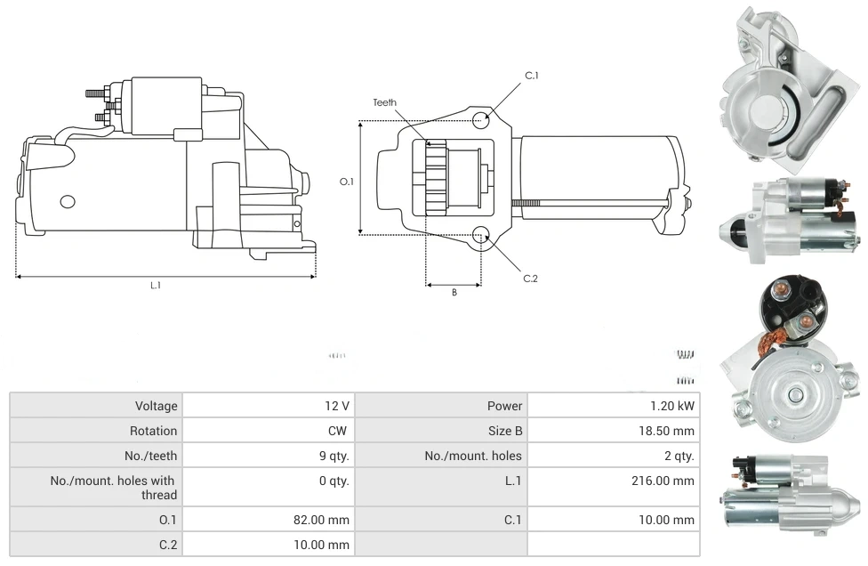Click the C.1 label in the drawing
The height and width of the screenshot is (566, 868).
tap(532, 76)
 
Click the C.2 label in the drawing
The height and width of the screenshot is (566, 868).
tap(531, 279)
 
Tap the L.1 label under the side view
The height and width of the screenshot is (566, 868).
tap(156, 286)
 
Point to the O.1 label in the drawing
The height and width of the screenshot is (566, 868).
tap(347, 182)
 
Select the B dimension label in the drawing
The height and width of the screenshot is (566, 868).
tap(454, 292)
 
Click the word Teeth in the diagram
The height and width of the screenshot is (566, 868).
tap(385, 103)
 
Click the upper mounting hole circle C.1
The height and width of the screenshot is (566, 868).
tap(481, 120)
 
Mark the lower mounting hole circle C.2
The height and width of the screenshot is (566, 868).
tap(481, 235)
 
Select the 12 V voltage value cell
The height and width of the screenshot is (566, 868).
tap(337, 406)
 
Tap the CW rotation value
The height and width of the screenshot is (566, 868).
tap(340, 431)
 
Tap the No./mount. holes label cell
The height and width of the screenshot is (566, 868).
tap(473, 456)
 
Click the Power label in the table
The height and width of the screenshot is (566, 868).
tap(504, 406)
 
